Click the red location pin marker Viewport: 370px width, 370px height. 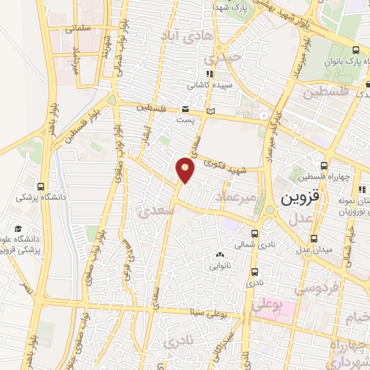[x=186, y=170]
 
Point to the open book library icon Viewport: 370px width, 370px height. [x=211, y=111]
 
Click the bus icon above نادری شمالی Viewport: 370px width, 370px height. [x=254, y=233]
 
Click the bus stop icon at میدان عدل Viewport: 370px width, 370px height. [x=314, y=238]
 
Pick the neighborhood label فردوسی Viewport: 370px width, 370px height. [x=317, y=288]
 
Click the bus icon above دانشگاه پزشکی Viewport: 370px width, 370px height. [x=40, y=184]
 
